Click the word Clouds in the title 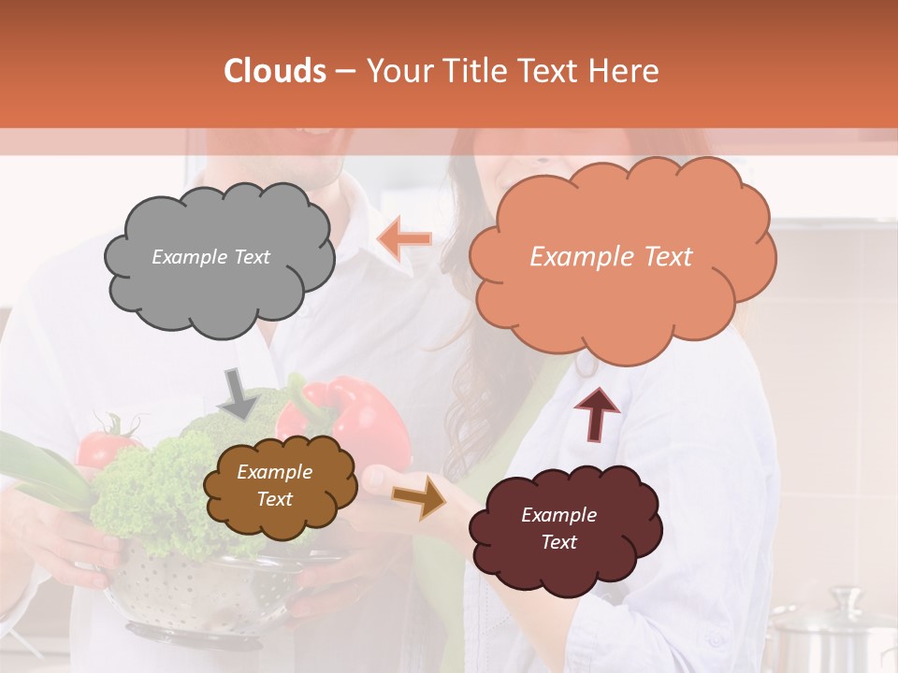coord(275,71)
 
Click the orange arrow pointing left coord(404,239)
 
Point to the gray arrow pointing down coord(238,393)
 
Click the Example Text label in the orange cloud coord(611,257)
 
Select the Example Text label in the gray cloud coord(210,257)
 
